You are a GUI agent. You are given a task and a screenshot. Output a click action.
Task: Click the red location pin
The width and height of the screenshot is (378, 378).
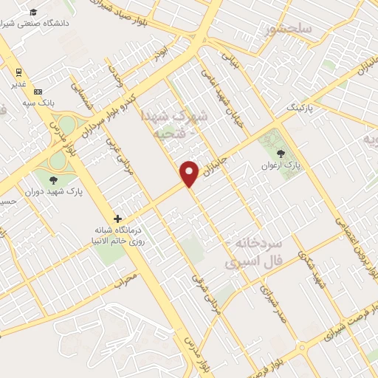(190, 173)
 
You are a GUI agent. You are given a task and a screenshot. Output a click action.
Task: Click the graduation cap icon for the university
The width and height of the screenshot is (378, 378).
(32, 12)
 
